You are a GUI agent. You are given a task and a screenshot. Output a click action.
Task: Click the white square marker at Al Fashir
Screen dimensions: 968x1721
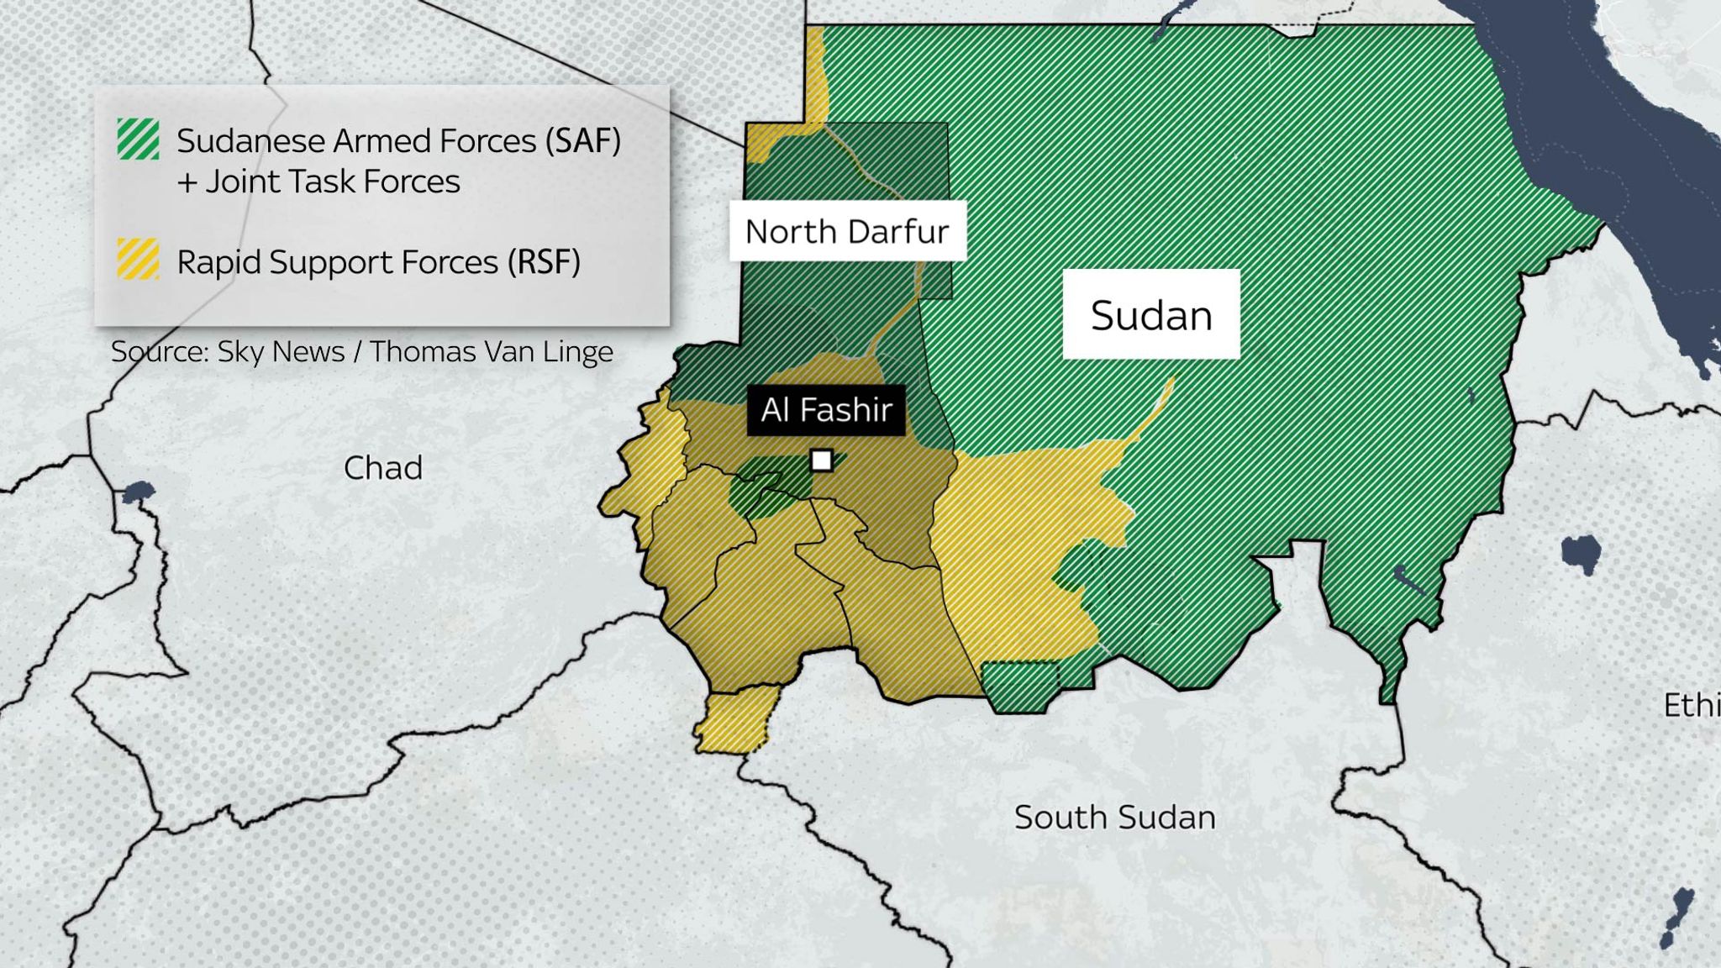(821, 460)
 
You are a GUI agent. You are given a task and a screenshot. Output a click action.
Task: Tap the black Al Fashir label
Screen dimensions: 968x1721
(826, 410)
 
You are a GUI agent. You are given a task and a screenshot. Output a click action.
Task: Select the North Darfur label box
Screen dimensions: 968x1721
(847, 231)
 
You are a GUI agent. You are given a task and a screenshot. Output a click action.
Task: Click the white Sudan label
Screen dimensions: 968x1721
(1150, 315)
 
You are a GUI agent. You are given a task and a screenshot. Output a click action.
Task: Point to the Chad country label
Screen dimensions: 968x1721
(382, 468)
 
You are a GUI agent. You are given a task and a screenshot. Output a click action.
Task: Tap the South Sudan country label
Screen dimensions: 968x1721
(1114, 817)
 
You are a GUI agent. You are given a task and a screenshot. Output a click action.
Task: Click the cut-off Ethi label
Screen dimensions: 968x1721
(1691, 705)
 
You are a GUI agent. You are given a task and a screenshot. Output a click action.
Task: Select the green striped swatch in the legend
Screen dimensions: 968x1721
(139, 139)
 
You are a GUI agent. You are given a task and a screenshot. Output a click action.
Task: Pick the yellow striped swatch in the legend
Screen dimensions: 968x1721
(139, 260)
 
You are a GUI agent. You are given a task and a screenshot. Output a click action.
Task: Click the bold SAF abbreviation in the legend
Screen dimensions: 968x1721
(582, 140)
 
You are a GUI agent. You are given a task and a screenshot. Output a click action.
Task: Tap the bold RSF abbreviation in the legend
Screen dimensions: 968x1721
(544, 262)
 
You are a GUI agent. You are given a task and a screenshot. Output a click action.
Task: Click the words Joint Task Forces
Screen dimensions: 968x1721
(333, 181)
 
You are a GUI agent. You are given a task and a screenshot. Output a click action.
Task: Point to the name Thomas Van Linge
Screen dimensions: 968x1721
(491, 351)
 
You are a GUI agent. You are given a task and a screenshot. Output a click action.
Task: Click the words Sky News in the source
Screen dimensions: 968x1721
(281, 351)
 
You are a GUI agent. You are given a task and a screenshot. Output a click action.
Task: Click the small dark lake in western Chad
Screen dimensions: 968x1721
(137, 492)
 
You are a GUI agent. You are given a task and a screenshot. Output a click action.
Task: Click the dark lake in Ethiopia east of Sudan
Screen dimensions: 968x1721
(1581, 554)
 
